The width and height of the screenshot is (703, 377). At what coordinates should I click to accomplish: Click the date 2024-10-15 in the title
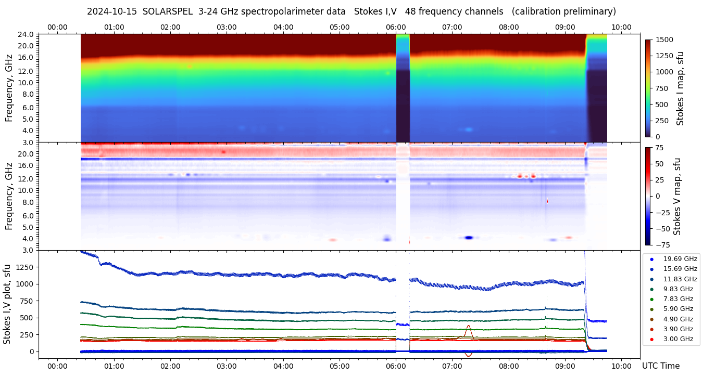[x=111, y=11]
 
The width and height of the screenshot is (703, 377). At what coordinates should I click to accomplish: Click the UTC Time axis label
[x=660, y=366]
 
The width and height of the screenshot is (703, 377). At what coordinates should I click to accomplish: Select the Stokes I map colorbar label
[x=680, y=88]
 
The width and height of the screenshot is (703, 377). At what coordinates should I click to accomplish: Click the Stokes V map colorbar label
[x=677, y=196]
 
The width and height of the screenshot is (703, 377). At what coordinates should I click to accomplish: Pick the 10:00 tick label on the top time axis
[x=621, y=27]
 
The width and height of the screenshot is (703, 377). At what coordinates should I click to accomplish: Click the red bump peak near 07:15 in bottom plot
[x=469, y=326]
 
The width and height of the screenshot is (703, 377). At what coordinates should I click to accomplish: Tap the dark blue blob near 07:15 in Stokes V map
[x=469, y=238]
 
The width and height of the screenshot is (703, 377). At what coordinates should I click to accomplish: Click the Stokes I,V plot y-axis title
[x=7, y=304]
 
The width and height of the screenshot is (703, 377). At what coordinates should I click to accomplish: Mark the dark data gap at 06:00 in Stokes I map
[x=403, y=104]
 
